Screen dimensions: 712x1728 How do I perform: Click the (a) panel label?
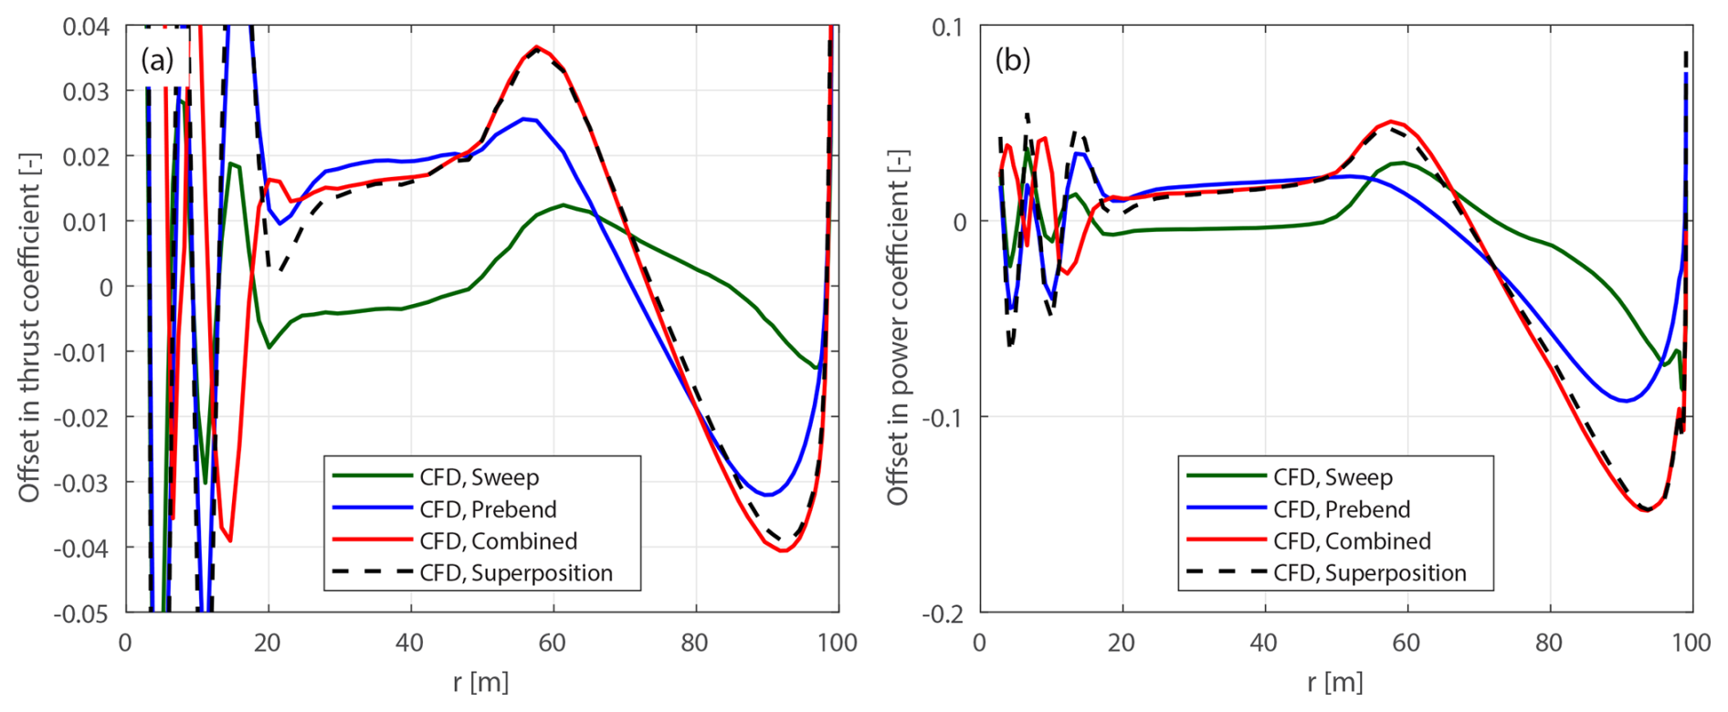[157, 60]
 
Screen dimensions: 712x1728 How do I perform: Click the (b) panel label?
[1012, 60]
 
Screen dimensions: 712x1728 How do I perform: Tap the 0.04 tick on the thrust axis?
[86, 26]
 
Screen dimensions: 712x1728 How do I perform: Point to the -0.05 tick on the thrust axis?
[82, 613]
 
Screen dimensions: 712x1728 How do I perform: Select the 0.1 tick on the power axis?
[947, 26]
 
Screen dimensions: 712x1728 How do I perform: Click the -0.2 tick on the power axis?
[943, 613]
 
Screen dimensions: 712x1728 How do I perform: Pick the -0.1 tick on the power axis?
[943, 417]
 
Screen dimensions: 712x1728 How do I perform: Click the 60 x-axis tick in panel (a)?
[552, 643]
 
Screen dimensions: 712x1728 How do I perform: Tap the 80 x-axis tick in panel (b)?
[1549, 643]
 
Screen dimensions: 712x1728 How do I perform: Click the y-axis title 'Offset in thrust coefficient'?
[29, 327]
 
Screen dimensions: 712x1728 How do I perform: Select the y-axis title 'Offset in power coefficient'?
[898, 327]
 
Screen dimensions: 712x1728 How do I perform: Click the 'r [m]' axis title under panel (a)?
[480, 682]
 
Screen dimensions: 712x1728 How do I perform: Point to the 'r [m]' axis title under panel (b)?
[1335, 682]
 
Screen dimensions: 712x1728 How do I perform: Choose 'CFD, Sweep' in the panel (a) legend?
[479, 477]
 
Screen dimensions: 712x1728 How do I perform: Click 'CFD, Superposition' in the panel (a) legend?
[515, 573]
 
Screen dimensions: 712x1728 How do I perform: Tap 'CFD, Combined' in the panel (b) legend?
[1352, 541]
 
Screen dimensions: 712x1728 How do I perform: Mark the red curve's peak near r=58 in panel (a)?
[537, 47]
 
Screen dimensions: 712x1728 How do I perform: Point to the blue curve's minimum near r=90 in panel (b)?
[1626, 401]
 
